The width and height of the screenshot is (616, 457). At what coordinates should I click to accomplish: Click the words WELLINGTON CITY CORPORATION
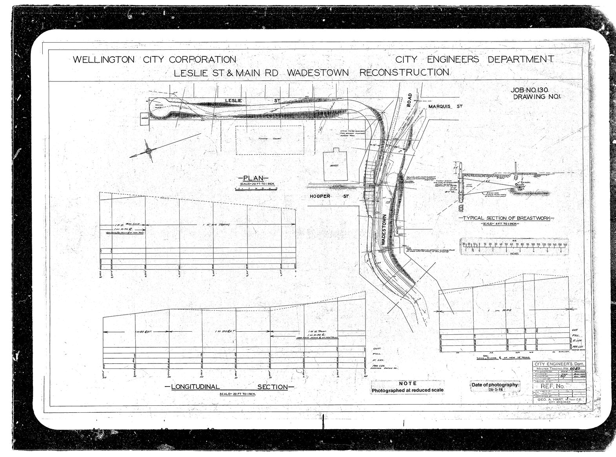[154, 60]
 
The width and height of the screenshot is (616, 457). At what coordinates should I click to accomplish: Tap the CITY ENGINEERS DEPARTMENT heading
[474, 60]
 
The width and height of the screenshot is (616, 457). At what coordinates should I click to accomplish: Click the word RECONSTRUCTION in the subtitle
[404, 72]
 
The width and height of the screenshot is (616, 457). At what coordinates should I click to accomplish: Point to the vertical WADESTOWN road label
[383, 230]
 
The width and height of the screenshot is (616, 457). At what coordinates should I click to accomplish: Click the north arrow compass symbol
[148, 151]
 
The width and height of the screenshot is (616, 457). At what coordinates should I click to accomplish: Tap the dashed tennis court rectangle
[269, 140]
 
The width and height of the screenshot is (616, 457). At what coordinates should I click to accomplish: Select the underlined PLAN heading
[253, 178]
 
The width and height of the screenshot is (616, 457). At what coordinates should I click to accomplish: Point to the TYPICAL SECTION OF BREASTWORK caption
[504, 218]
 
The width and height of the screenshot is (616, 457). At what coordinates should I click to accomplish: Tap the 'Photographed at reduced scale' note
[407, 390]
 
